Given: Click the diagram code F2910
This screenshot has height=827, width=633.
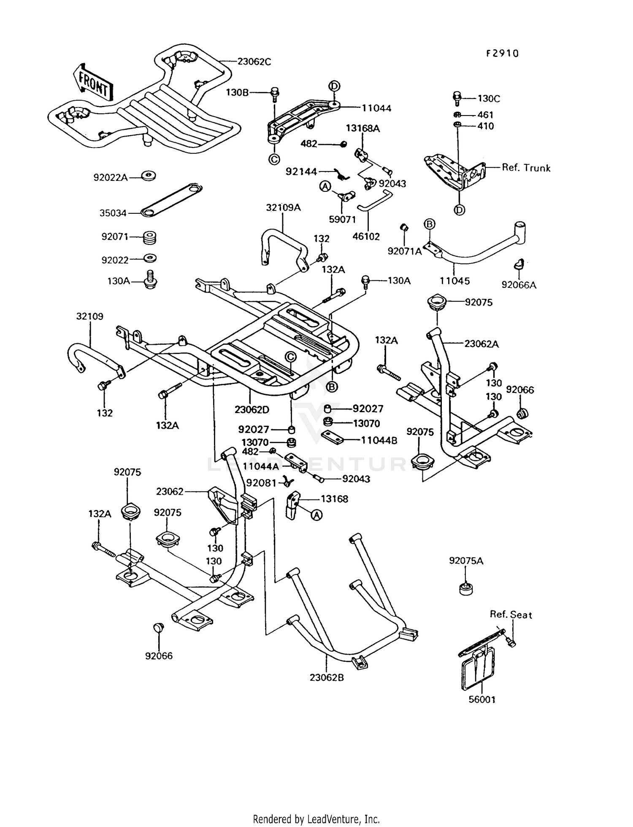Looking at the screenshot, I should [502, 54].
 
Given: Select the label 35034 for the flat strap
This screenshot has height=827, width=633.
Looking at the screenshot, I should [113, 213].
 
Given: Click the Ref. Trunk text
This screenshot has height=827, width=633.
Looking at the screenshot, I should [526, 168].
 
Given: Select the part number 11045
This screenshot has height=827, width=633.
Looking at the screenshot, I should [454, 281].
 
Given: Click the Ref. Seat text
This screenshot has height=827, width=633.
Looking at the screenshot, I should [510, 615].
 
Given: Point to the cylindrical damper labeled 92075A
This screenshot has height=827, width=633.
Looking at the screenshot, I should [465, 589].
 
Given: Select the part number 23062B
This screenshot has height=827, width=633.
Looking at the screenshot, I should [327, 678].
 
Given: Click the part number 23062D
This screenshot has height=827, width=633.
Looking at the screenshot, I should [252, 409].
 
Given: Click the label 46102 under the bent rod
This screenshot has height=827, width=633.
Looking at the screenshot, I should [366, 237].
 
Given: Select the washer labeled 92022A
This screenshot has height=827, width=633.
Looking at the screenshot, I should [148, 176].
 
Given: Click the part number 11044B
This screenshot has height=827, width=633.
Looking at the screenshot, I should [379, 440].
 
